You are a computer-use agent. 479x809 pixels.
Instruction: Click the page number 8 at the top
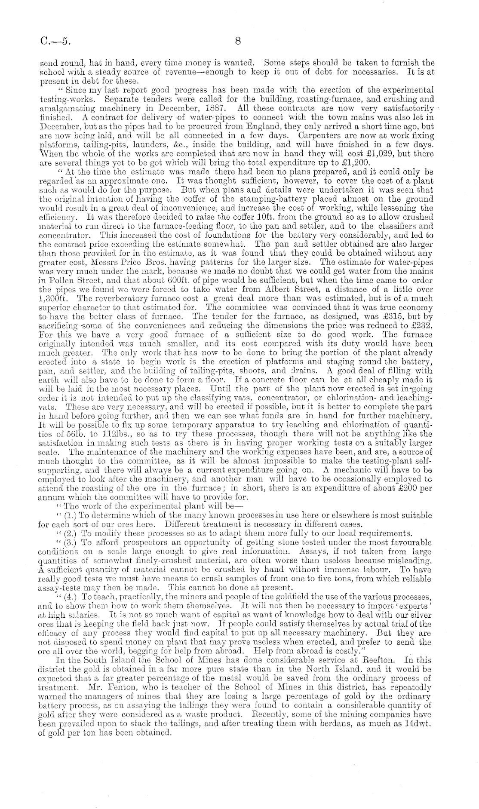tap(239, 41)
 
